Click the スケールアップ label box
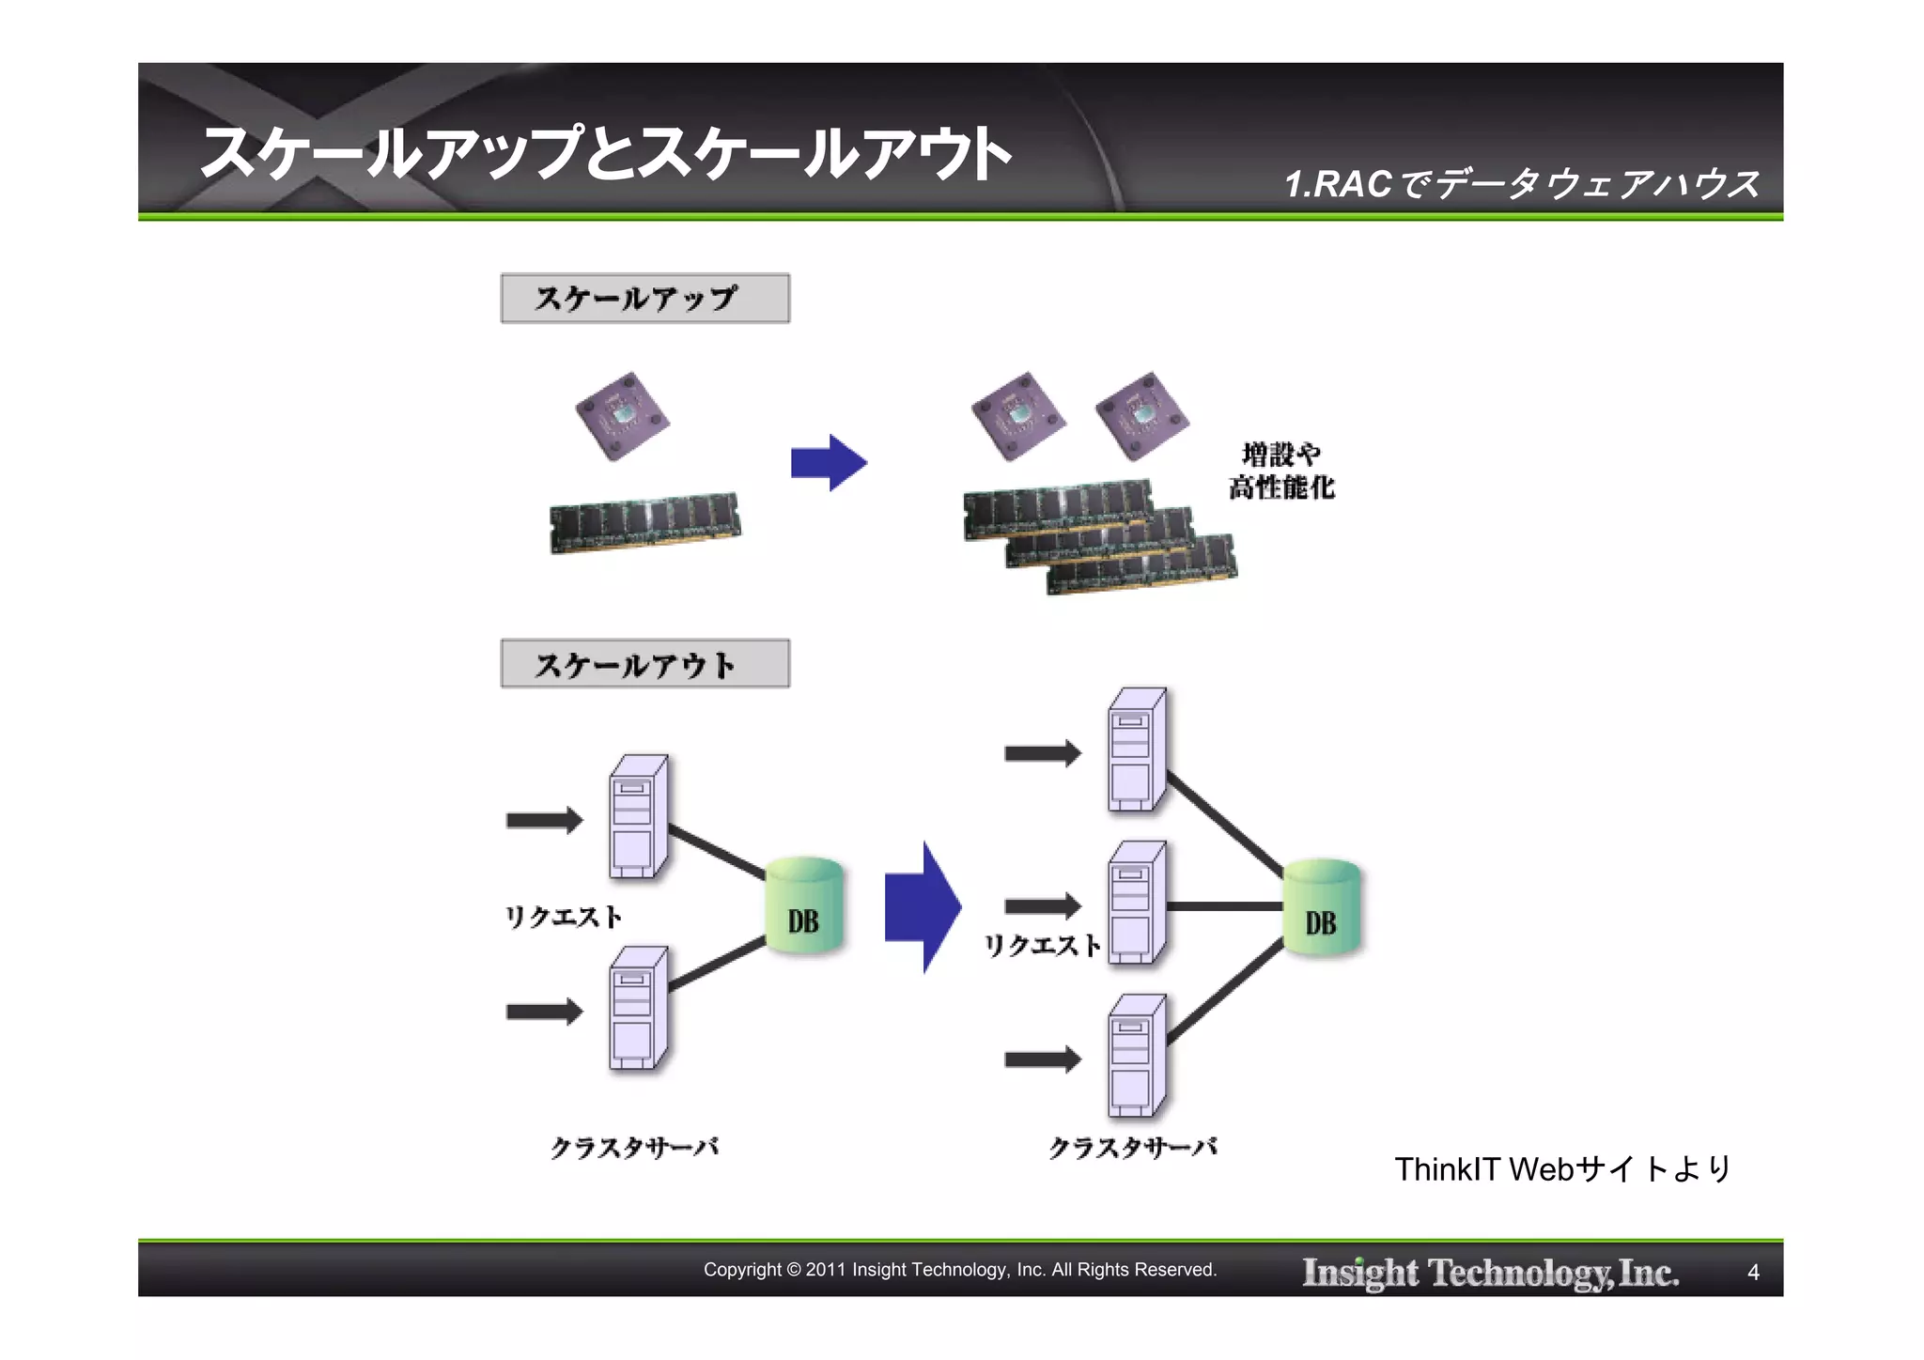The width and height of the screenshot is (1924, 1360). point(644,299)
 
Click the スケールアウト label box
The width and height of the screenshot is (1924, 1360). point(644,664)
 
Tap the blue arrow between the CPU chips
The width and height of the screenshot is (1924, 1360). point(828,463)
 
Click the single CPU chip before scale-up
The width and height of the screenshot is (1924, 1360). point(622,416)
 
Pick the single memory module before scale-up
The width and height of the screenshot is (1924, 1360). point(644,522)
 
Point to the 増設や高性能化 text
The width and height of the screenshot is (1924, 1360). point(1281,471)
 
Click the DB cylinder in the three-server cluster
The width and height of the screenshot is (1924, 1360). point(1321,908)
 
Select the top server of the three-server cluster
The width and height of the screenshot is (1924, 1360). point(1137,750)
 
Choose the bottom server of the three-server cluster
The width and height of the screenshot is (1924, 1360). point(1137,1057)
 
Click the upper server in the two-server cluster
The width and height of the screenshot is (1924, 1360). point(639,817)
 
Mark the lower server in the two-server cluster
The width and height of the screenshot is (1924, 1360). point(639,1009)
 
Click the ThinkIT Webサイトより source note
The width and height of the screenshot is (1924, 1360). point(1562,1169)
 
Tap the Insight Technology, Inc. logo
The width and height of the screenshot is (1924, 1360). point(1490,1273)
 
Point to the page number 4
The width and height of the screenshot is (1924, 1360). point(1753,1273)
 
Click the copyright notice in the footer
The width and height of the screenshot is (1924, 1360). point(960,1270)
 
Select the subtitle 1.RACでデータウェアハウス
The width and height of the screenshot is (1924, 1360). point(1522,184)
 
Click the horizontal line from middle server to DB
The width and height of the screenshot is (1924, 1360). point(1225,906)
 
